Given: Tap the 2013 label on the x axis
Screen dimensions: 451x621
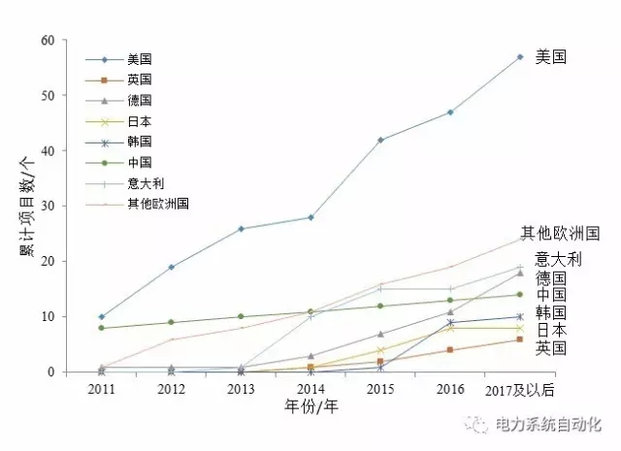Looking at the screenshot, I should click(x=241, y=389).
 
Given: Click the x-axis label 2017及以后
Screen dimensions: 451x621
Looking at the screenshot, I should click(x=520, y=389).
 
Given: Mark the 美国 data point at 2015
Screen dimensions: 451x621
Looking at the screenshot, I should click(x=380, y=140).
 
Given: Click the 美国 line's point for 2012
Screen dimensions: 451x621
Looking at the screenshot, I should click(x=171, y=267).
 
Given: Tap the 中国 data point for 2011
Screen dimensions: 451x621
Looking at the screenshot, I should click(x=101, y=328).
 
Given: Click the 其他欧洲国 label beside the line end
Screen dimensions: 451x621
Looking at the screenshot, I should click(x=560, y=233).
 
